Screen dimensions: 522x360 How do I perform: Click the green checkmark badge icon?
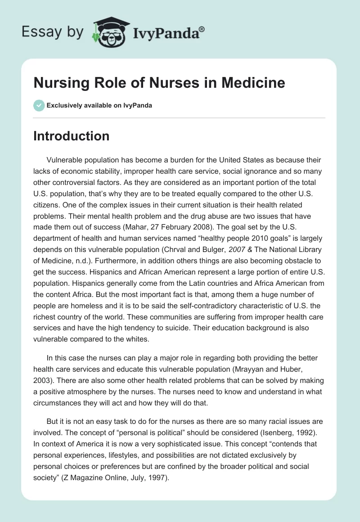point(39,105)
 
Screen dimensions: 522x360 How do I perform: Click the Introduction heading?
point(71,136)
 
